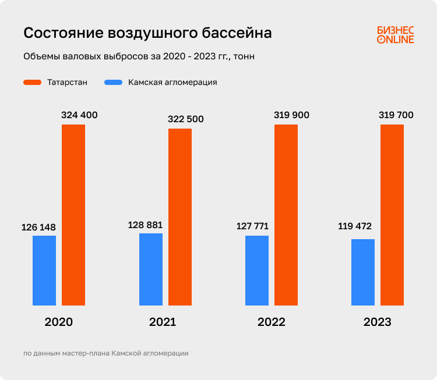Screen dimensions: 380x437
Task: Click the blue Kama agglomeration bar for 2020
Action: point(44,271)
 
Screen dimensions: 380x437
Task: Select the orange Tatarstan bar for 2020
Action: point(73,215)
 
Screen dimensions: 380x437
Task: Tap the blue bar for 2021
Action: point(151,269)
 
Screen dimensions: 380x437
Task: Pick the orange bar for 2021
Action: point(180,216)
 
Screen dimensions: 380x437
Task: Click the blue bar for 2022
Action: point(257,271)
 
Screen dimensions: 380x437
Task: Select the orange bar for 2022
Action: point(286,215)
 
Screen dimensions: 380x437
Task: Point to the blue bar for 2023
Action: point(363,272)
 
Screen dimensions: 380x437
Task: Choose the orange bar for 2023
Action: point(392,215)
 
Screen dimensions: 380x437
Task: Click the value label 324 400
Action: point(79,115)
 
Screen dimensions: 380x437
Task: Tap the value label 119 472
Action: point(355,226)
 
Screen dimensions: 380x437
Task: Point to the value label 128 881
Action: point(145,225)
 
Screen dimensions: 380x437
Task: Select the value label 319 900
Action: point(291,115)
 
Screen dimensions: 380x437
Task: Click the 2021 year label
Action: point(163,322)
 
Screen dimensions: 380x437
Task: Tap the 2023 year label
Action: point(377,322)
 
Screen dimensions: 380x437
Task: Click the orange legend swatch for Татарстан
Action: point(32,83)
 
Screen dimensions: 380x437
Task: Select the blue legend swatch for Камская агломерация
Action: point(113,83)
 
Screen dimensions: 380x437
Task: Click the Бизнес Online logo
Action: point(395,34)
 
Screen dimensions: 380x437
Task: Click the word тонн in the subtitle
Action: point(244,57)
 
